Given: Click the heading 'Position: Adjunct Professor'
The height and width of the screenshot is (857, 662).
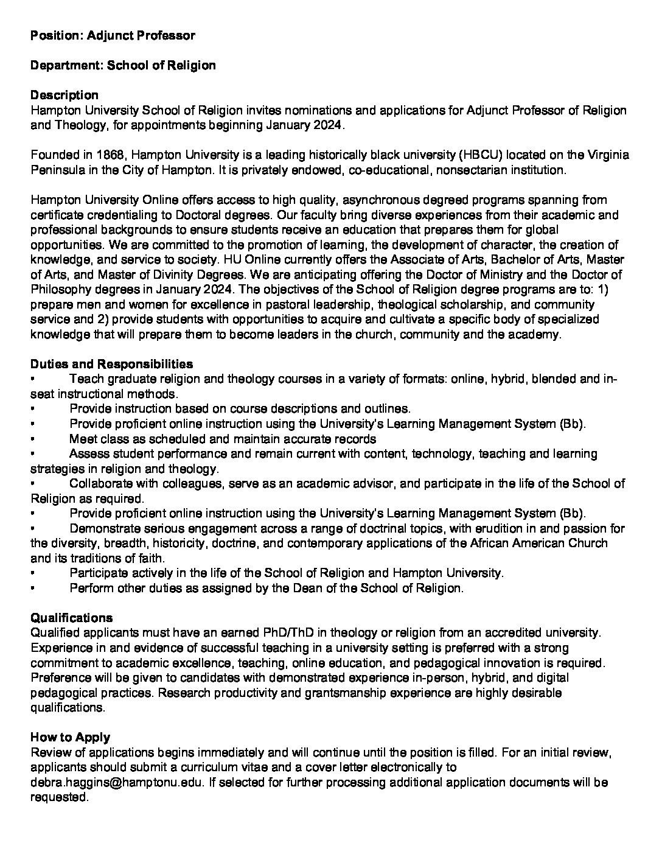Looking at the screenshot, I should pos(113,35).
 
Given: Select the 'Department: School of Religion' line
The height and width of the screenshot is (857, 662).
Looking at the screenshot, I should pos(123,65).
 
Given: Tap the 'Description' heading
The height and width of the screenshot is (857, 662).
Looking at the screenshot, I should pos(64,95).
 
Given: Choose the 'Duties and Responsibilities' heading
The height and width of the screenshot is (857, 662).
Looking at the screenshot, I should pos(111,364).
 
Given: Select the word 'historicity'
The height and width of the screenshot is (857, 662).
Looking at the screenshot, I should pos(186,543).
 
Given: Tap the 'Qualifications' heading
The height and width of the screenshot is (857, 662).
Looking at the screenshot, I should pos(71,618).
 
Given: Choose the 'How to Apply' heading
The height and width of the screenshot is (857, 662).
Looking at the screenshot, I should pos(70,737).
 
